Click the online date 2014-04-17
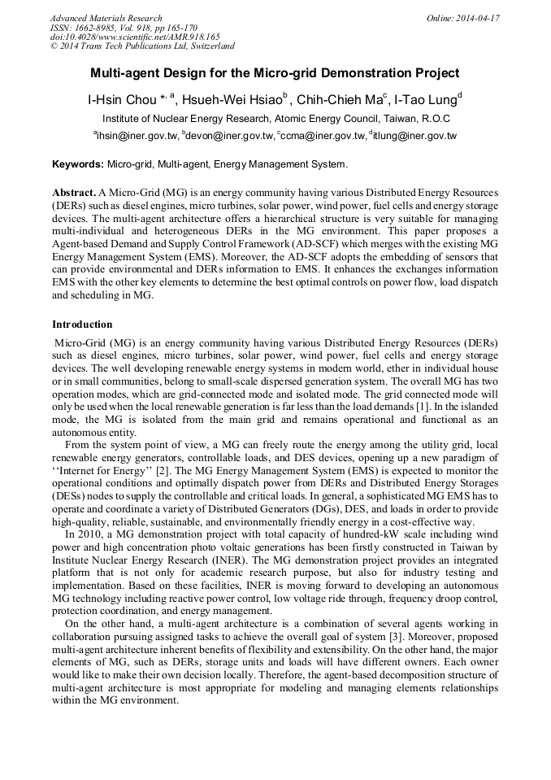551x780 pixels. tap(477, 18)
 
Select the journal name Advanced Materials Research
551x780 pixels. tap(106, 18)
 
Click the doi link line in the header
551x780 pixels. tap(135, 37)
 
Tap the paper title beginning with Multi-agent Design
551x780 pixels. tap(275, 73)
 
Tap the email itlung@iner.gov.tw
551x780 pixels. tap(414, 136)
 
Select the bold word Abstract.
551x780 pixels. tap(73, 191)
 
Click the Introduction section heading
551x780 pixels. tap(82, 325)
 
